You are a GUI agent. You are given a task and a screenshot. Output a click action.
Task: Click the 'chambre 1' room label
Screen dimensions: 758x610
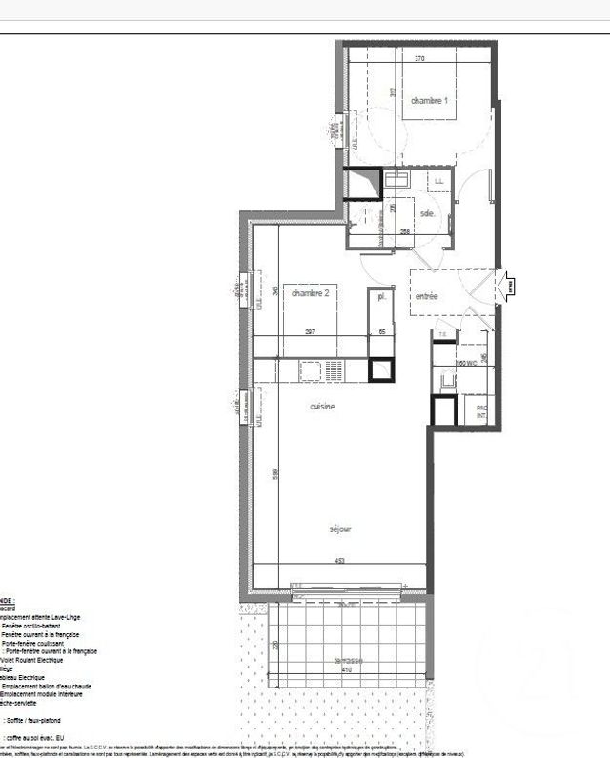point(430,100)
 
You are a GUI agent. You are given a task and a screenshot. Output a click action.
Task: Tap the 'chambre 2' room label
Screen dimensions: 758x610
point(310,293)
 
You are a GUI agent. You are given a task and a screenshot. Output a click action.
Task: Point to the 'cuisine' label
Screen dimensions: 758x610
point(323,407)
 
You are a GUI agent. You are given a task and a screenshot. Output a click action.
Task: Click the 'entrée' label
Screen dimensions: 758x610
point(426,296)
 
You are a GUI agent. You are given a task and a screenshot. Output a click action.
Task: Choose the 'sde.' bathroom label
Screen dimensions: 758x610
point(428,214)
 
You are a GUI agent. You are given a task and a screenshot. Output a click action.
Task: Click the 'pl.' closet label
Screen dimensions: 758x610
point(381,297)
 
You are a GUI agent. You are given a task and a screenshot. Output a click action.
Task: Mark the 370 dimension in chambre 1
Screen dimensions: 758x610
point(419,58)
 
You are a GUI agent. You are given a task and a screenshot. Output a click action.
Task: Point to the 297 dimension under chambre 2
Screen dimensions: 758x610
point(310,331)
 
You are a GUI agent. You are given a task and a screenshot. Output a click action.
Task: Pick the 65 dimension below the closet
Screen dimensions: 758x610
point(381,331)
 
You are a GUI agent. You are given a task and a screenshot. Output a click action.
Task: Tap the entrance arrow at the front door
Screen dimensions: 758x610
point(507,284)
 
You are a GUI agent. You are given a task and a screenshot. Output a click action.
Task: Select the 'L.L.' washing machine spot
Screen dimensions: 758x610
point(439,180)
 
